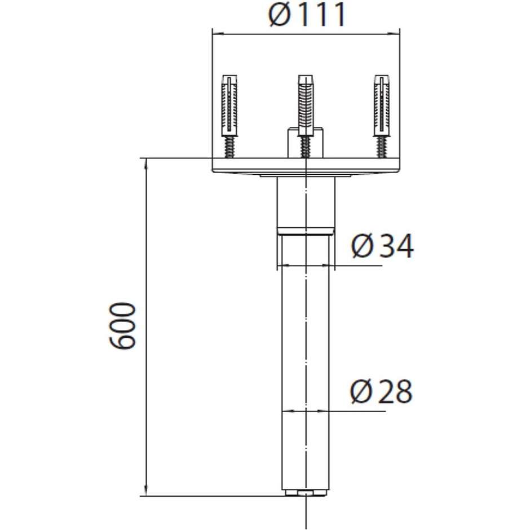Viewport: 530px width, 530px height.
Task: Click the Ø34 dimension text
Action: click(x=382, y=246)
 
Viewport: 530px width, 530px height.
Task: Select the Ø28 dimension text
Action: click(x=381, y=392)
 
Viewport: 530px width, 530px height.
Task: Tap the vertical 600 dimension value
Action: click(x=123, y=326)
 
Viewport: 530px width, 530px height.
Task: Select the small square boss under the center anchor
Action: click(x=305, y=144)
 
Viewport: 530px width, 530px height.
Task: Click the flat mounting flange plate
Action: click(x=305, y=166)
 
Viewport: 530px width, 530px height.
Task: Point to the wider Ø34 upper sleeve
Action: click(x=305, y=203)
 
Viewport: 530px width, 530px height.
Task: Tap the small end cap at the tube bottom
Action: click(x=305, y=494)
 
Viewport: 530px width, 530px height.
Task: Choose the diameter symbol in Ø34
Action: click(x=363, y=246)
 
